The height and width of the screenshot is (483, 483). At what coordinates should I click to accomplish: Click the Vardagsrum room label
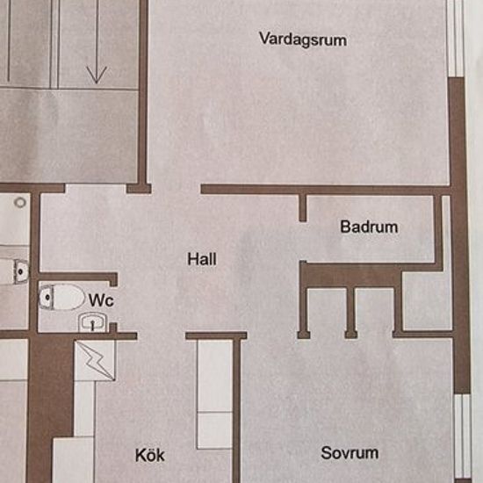303,40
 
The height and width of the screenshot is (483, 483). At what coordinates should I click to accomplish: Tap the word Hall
202,259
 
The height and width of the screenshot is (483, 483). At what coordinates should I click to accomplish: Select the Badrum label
369,227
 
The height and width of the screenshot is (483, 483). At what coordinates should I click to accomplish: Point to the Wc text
101,300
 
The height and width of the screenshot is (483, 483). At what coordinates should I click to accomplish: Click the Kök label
149,455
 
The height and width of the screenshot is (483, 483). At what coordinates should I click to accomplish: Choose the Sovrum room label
350,453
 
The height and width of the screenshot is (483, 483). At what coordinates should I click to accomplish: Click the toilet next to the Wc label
61,297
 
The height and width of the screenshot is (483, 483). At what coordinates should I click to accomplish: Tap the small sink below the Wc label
92,322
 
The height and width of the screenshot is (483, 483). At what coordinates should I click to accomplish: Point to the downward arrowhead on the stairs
97,75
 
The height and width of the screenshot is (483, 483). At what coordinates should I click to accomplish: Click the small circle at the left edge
20,202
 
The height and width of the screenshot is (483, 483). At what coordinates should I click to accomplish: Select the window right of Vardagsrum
456,38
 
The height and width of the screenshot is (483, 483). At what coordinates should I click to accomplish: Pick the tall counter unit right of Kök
214,394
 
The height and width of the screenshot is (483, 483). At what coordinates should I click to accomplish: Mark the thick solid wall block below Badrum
351,275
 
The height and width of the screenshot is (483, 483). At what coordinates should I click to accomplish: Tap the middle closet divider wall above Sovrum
351,313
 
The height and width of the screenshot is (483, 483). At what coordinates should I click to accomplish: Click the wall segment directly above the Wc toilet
78,277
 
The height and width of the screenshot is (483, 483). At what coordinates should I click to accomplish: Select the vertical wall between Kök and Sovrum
236,410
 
